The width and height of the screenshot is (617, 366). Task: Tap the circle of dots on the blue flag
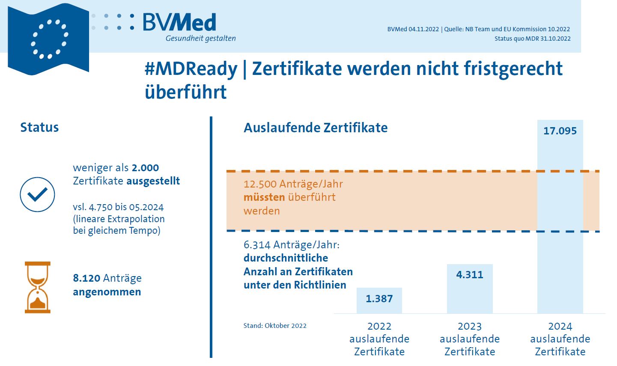49,39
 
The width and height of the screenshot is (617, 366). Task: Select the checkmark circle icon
38,195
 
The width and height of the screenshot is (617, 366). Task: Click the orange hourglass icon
38,287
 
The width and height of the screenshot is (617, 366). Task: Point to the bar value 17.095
560,131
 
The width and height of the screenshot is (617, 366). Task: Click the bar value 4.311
469,275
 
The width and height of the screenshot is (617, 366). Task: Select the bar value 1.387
379,299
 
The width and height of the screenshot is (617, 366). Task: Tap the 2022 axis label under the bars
379,327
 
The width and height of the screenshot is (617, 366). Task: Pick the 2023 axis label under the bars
470,327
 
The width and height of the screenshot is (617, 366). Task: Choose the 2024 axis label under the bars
560,327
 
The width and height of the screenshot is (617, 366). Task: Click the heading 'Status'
39,128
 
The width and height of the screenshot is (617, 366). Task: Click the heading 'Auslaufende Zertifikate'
316,128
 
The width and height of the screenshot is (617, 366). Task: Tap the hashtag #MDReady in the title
191,69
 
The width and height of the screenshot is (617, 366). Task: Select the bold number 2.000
145,168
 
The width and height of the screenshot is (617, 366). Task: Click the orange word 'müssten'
264,197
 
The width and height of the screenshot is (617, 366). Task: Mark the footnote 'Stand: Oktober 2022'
275,326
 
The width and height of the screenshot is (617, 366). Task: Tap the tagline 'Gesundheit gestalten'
200,39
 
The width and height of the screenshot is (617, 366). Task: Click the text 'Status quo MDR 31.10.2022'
532,39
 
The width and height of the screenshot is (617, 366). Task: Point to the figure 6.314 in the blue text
257,245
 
